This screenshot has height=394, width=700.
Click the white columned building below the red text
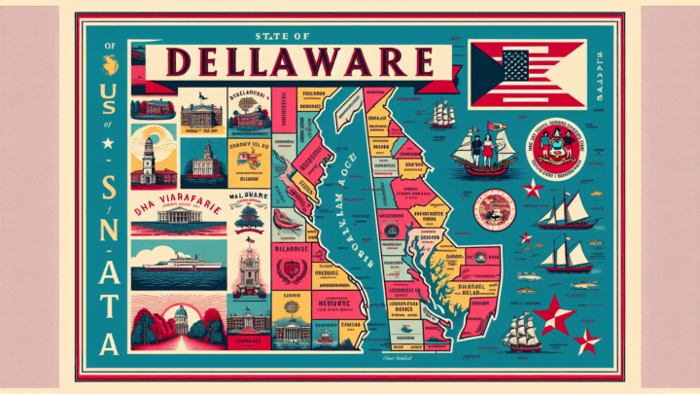pyautogui.click(x=175, y=223)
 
